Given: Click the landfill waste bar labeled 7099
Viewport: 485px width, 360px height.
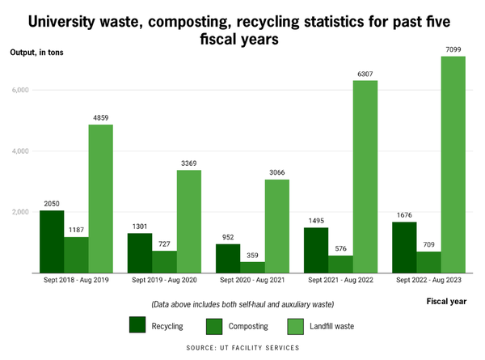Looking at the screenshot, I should [453, 165].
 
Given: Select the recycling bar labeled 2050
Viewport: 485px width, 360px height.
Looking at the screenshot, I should [52, 242].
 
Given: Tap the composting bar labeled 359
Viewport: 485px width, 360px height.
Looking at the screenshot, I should [251, 268].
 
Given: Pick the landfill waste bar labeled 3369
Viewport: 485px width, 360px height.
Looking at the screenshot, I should [188, 222].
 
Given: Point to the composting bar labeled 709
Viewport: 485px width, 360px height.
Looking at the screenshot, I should [428, 262].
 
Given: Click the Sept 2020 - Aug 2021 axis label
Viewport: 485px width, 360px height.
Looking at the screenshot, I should [252, 282].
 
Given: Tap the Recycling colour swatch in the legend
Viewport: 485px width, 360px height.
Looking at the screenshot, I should [137, 325].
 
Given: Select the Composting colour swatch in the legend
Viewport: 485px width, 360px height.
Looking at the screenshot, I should [214, 325].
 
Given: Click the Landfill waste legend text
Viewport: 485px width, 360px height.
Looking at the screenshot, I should [333, 326].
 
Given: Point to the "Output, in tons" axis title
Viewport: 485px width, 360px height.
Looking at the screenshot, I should [36, 53].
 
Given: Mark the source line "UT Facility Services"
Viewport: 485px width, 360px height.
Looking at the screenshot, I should [242, 348].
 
